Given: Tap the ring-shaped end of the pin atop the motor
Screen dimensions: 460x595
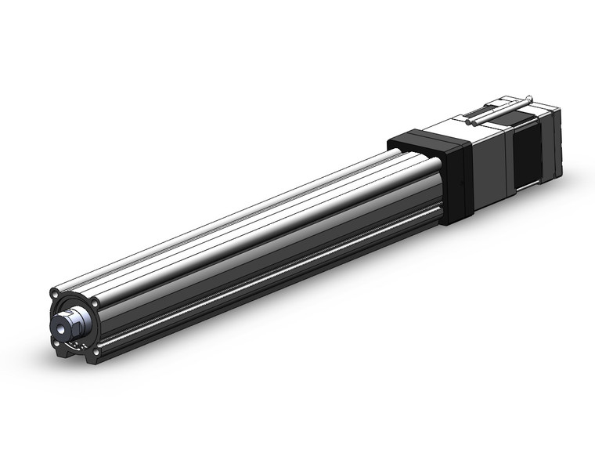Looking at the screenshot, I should (531, 99).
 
